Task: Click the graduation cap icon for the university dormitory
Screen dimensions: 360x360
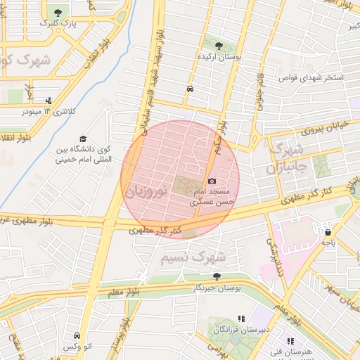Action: click(83, 139)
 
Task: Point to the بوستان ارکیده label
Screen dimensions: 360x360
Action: click(219, 56)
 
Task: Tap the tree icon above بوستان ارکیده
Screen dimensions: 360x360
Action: click(219, 45)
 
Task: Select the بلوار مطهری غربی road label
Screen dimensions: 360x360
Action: click(28, 222)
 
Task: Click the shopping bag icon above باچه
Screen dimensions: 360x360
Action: click(328, 232)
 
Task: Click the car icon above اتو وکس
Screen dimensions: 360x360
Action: click(77, 336)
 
